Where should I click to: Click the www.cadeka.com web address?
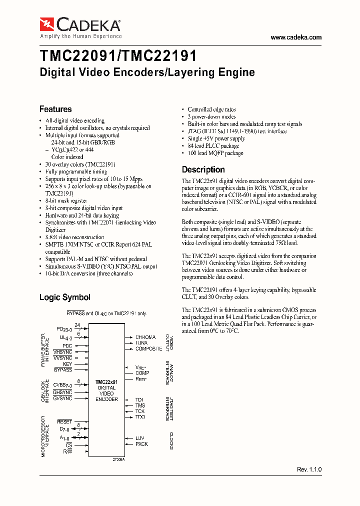296,37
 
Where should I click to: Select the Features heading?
55,109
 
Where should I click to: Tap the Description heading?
203,169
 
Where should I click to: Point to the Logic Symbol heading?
64,297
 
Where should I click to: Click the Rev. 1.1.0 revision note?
309,469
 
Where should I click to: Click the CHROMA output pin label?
145,337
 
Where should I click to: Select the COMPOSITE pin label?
148,348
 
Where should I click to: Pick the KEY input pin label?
67,364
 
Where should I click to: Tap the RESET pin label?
64,422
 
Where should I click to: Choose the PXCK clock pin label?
141,444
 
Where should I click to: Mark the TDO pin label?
140,417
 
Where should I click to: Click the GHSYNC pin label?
62,392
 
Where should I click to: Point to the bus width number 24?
77,325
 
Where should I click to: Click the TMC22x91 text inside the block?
106,382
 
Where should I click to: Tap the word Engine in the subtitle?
236,72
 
